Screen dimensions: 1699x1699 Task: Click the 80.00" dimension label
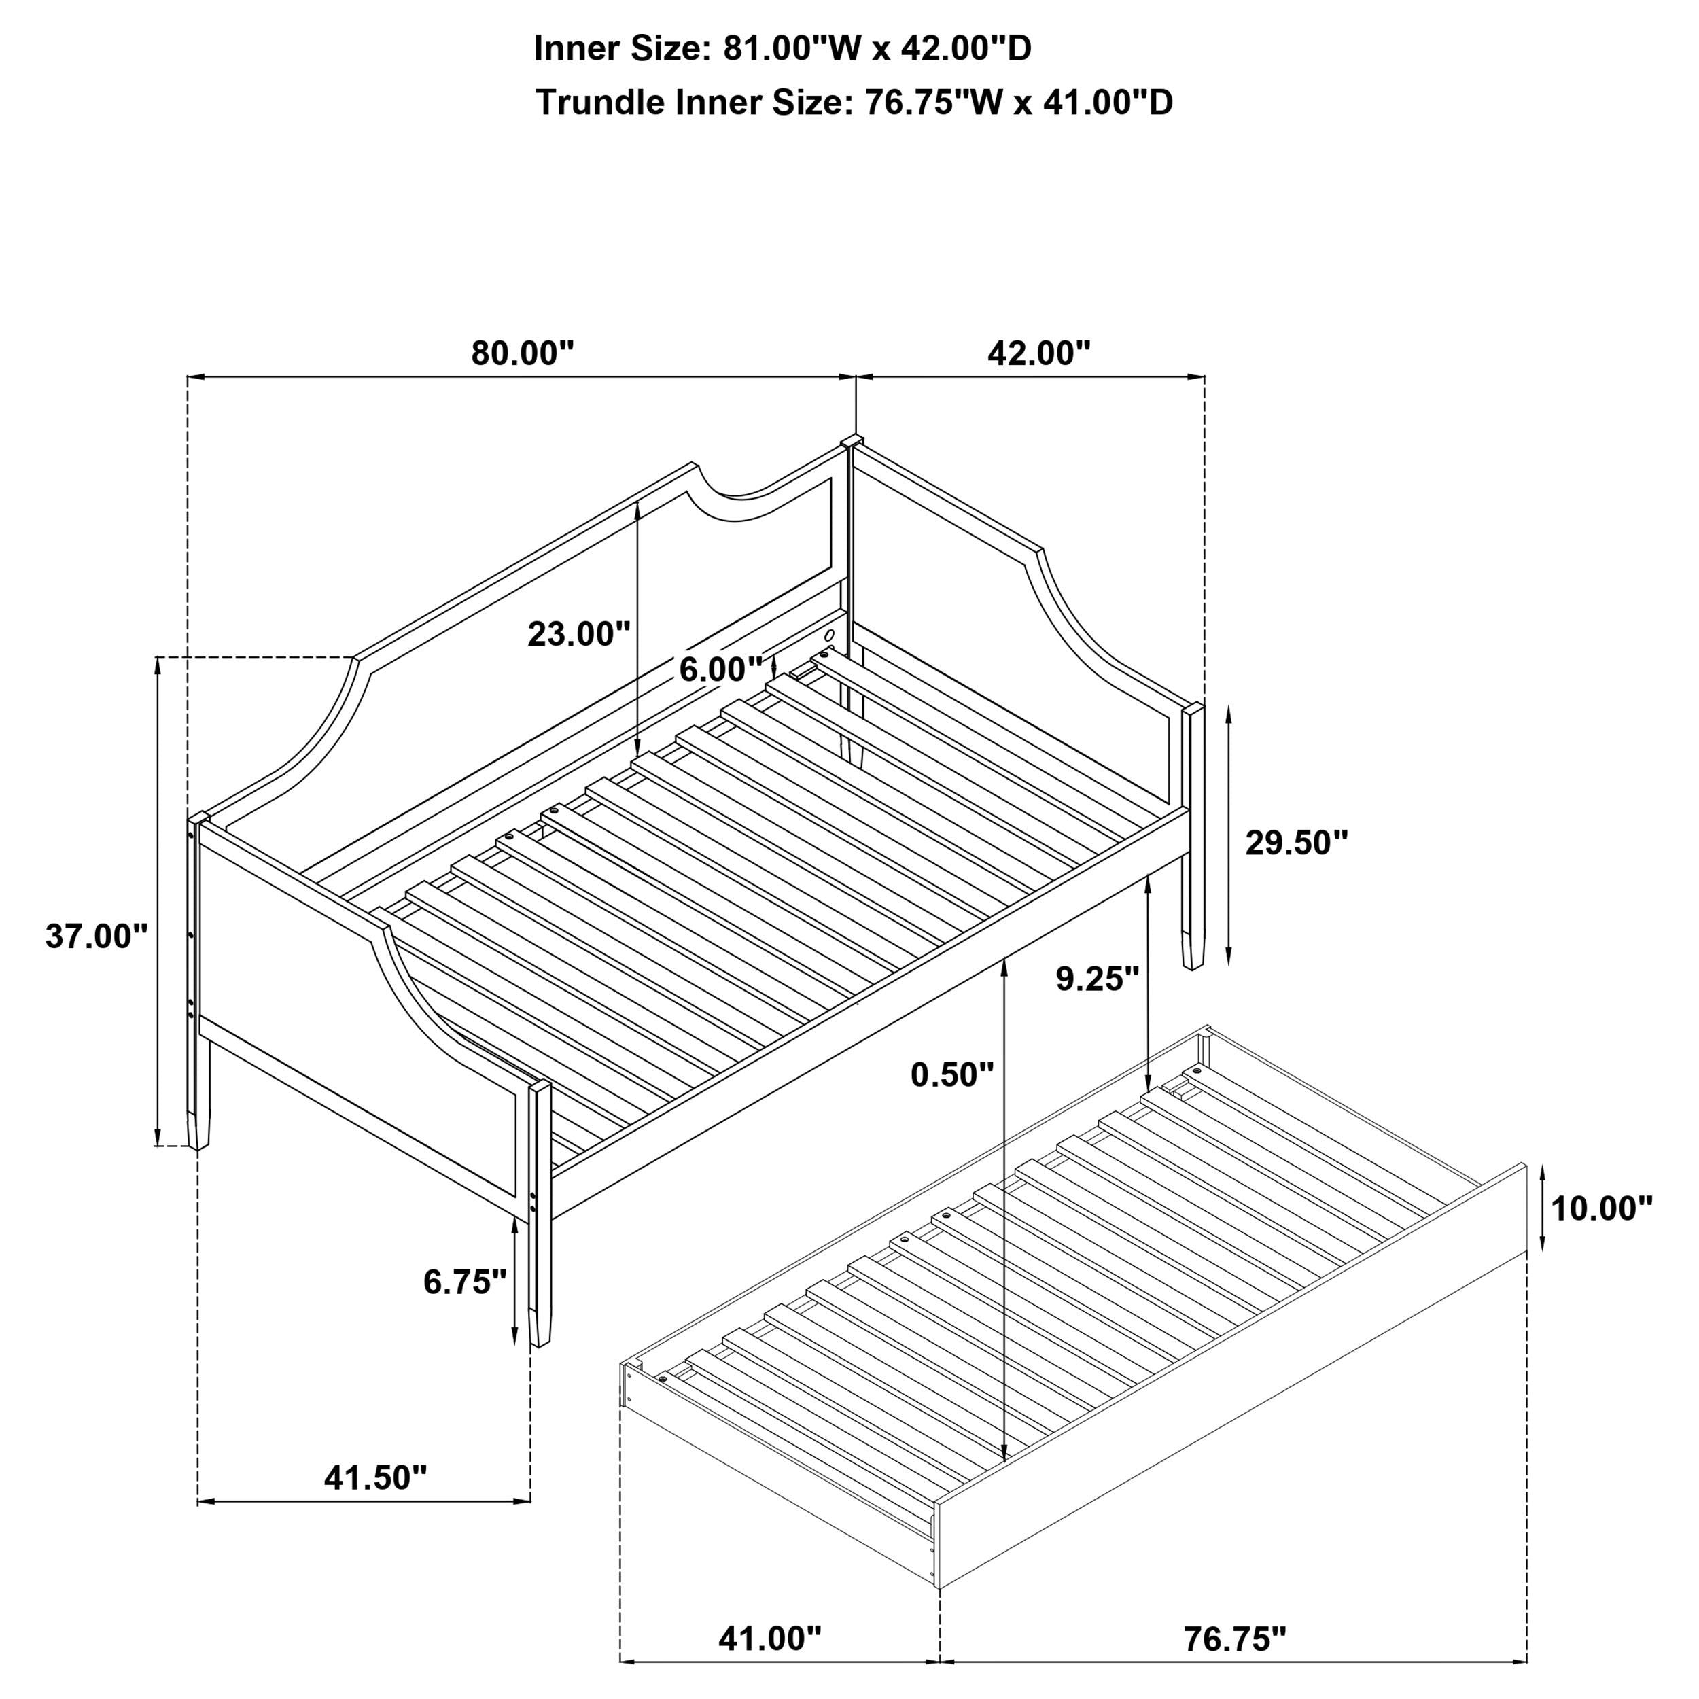click(x=523, y=353)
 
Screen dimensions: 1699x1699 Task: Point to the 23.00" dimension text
click(x=578, y=633)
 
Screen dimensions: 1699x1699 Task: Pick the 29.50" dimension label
click(x=1296, y=843)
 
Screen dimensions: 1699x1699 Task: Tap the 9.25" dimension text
click(x=1098, y=978)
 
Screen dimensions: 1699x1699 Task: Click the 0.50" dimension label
click(x=951, y=1074)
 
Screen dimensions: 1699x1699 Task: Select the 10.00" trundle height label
click(x=1601, y=1208)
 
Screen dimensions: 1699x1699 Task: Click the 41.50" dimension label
click(x=376, y=1477)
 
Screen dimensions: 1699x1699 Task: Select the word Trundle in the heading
click(x=601, y=103)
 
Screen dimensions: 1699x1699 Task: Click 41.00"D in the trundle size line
click(x=1108, y=103)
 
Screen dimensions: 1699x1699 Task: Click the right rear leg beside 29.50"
click(x=1191, y=915)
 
